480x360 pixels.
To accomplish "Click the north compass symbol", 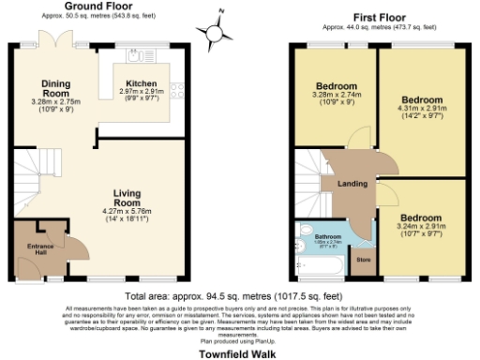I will (217, 31).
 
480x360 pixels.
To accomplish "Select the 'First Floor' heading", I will (378, 17).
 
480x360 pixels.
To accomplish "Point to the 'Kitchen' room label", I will (141, 82).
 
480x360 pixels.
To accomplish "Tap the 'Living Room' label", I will (126, 199).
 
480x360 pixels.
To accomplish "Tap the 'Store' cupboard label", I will (364, 259).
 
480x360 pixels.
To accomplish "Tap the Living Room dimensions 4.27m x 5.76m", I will (127, 217).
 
